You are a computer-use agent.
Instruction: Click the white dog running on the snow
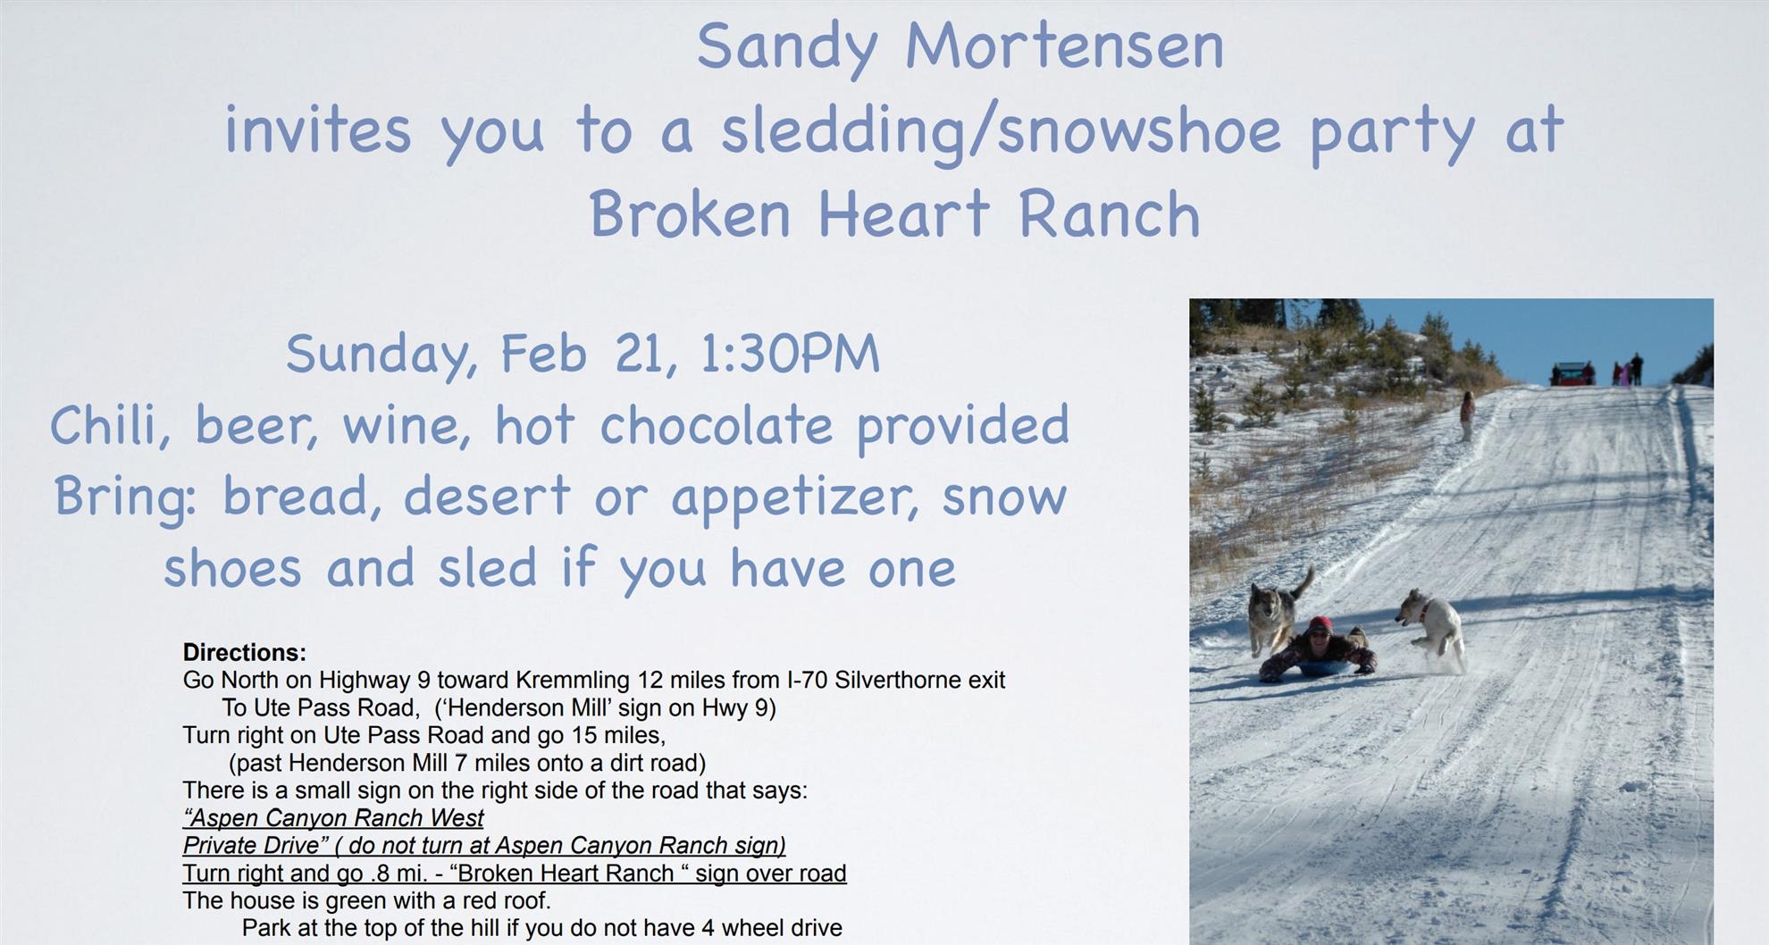[1432, 628]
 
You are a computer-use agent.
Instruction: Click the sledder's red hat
[1320, 624]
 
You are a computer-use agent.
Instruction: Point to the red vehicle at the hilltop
[1572, 373]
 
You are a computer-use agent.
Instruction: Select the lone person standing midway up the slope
[1466, 416]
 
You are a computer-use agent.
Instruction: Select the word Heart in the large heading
[903, 214]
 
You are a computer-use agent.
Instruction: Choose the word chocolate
[716, 425]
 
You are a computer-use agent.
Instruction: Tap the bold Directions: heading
[245, 652]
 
